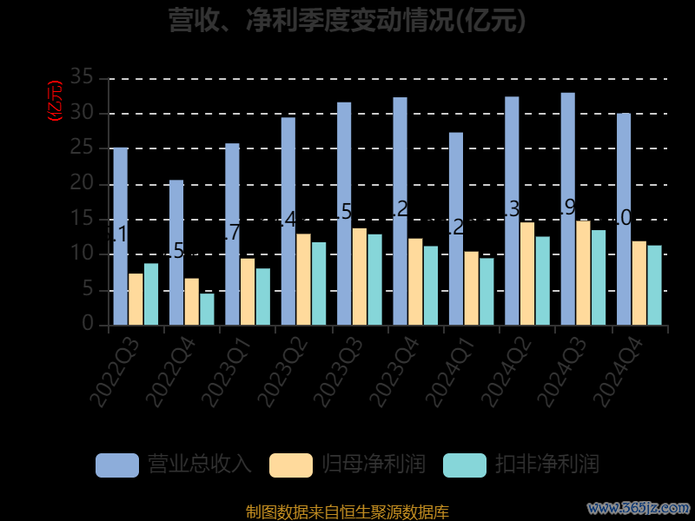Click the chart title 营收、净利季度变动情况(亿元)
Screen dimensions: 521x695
click(347, 20)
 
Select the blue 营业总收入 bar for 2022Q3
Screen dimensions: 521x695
click(120, 236)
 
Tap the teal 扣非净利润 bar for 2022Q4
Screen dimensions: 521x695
click(207, 309)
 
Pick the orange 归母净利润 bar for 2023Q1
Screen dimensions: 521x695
click(248, 292)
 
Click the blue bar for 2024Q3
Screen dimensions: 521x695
click(567, 208)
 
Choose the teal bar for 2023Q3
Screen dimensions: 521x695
click(374, 280)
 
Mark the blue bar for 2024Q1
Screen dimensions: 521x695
click(456, 228)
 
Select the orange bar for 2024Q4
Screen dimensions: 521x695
click(639, 283)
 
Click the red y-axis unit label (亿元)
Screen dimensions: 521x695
click(55, 101)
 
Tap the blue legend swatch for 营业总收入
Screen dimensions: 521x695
click(117, 465)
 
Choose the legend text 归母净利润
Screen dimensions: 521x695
click(374, 464)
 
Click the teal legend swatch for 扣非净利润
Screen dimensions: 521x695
click(465, 465)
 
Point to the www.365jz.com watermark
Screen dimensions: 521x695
click(639, 507)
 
